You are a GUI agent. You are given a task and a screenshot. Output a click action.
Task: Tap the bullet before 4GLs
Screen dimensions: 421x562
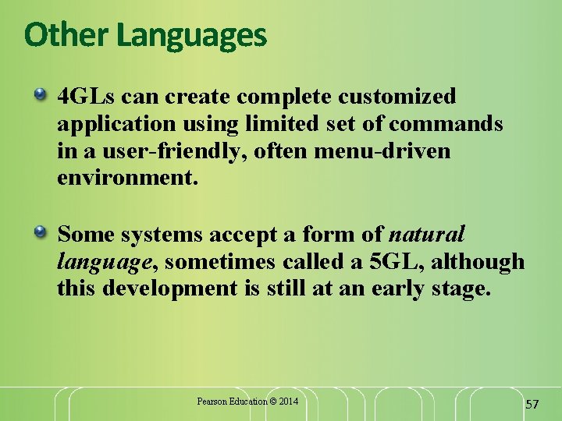[x=41, y=96]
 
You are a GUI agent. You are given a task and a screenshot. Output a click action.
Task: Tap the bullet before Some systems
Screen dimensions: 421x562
[x=41, y=232]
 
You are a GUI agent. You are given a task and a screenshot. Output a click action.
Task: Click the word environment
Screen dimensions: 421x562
[x=127, y=179]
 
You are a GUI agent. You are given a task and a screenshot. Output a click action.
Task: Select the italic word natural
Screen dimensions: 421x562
[x=427, y=233]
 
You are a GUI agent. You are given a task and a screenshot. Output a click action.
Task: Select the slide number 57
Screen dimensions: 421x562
[x=532, y=404]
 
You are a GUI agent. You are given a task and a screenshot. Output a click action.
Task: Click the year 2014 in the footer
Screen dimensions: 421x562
[x=286, y=402]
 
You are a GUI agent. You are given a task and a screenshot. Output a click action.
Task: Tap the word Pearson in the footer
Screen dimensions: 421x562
[x=212, y=402]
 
